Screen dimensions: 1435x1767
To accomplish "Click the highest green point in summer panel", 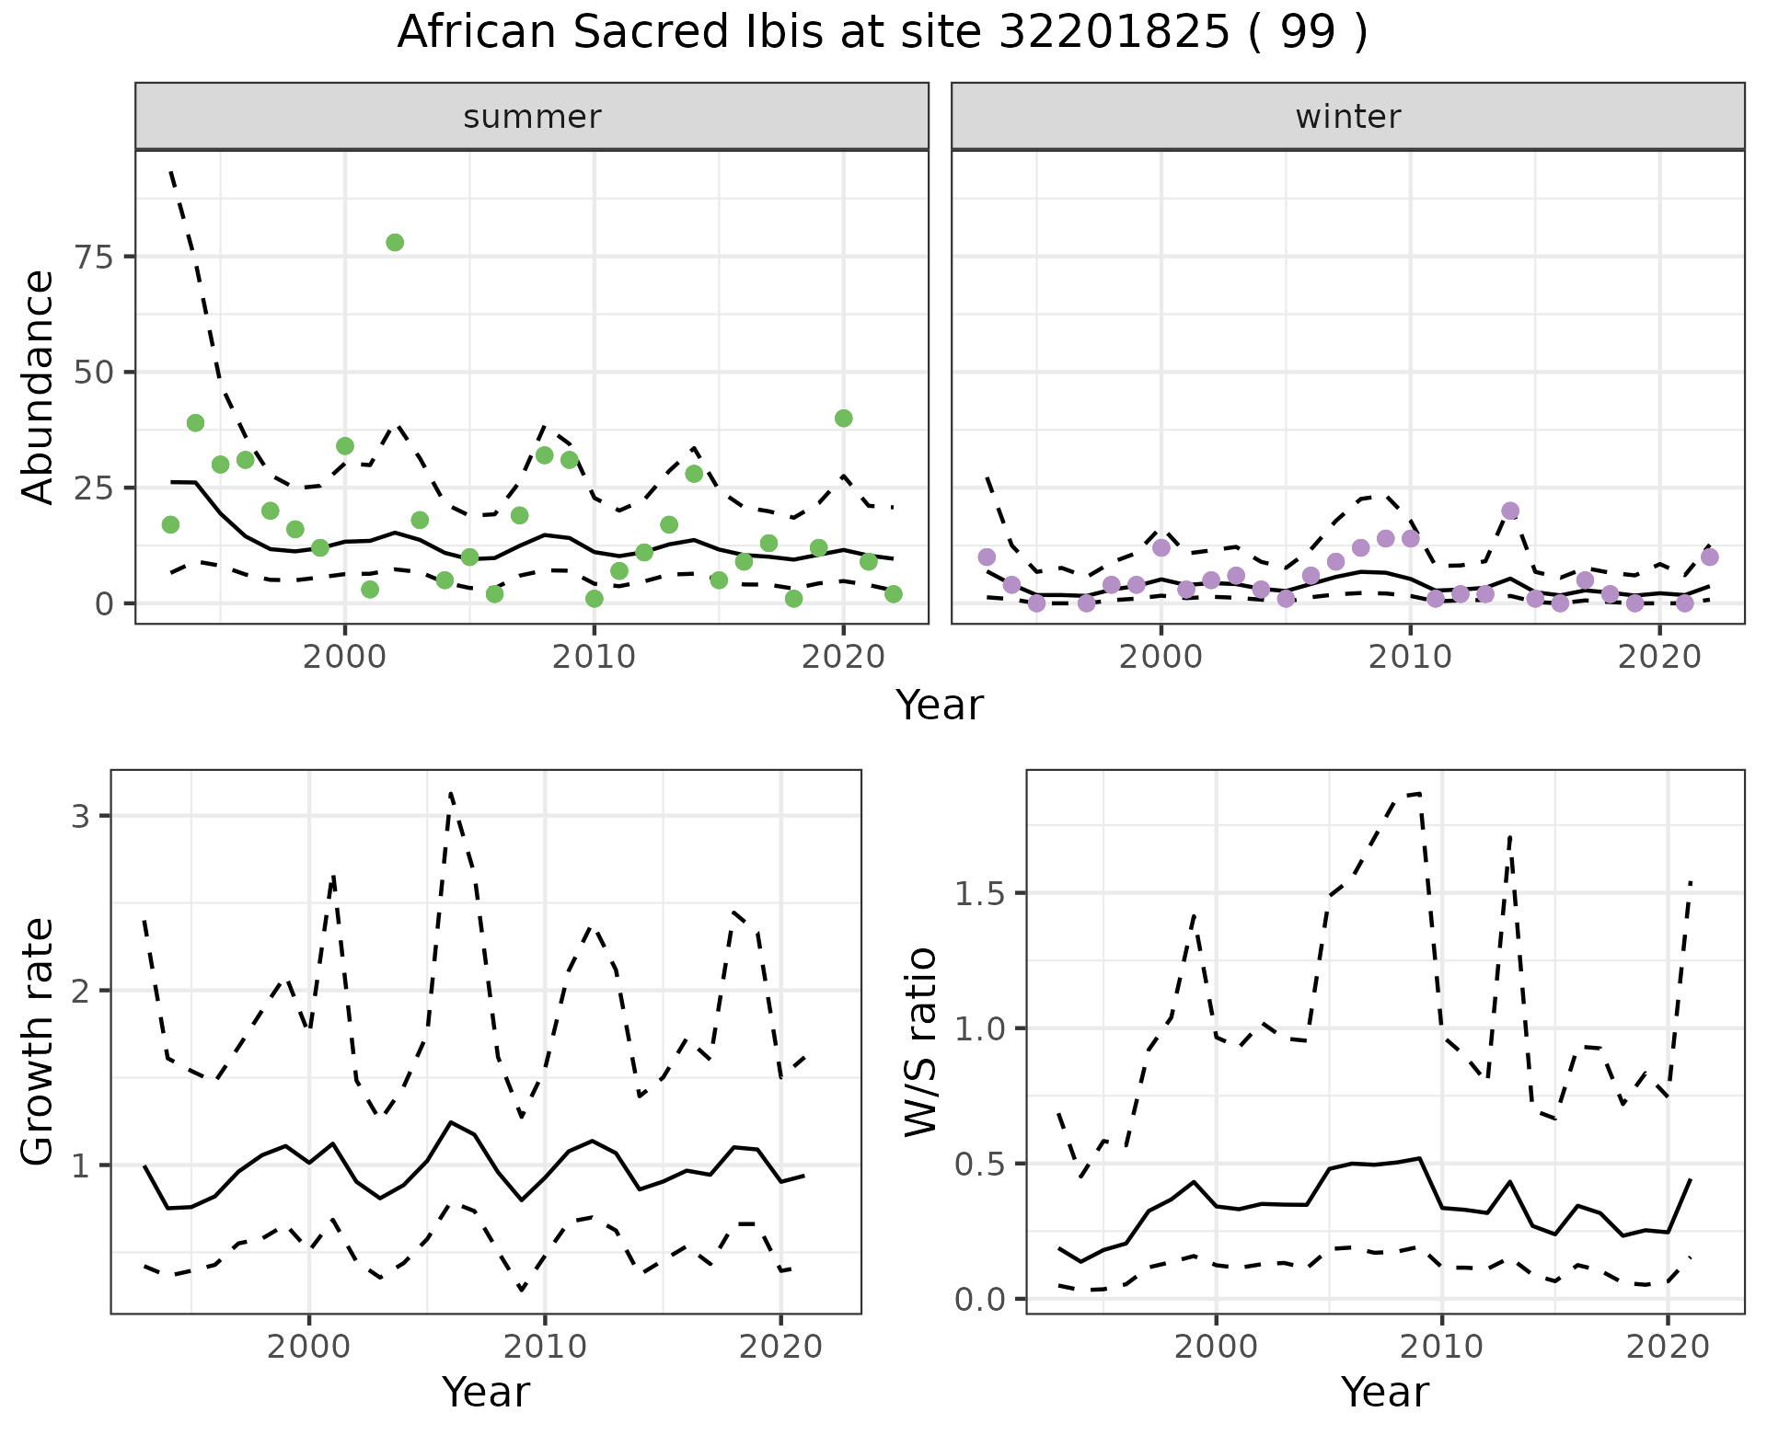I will pyautogui.click(x=395, y=243).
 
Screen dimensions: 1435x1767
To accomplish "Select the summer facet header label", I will pyautogui.click(x=532, y=117).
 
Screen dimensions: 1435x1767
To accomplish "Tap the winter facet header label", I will pyautogui.click(x=1347, y=117).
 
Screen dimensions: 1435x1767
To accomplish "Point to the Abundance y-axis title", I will pyautogui.click(x=39, y=387).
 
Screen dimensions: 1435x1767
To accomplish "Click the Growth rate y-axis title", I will pyautogui.click(x=39, y=1041).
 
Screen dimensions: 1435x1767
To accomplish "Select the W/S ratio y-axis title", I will pyautogui.click(x=920, y=1041).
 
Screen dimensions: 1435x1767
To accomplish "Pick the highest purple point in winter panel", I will pyautogui.click(x=1510, y=511).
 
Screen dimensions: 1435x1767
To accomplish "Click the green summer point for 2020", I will pyautogui.click(x=843, y=419).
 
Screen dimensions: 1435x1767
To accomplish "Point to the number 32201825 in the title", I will pyautogui.click(x=1114, y=33).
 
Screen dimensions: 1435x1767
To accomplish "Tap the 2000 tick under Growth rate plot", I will pyautogui.click(x=309, y=1347).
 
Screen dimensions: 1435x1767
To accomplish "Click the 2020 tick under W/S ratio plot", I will pyautogui.click(x=1668, y=1347).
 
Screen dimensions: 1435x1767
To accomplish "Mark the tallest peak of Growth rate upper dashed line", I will pyautogui.click(x=450, y=793).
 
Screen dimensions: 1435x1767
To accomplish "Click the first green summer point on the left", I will pyautogui.click(x=170, y=524).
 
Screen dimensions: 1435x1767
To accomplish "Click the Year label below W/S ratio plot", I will pyautogui.click(x=1384, y=1393).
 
